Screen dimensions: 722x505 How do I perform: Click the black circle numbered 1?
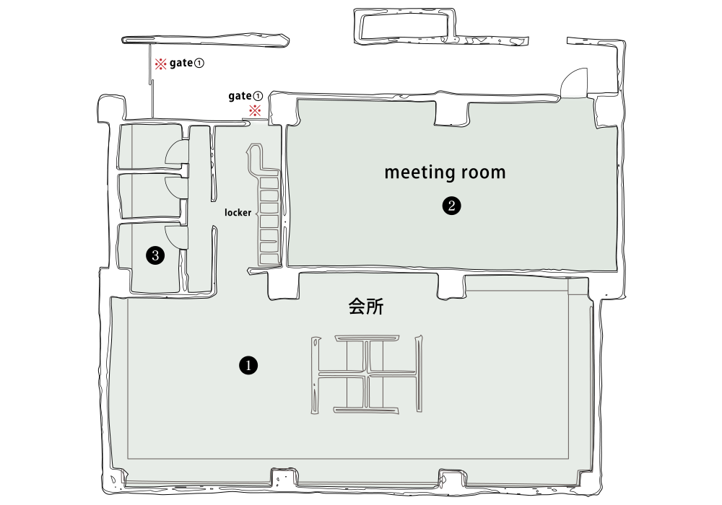248,366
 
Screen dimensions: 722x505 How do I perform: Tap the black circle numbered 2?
451,206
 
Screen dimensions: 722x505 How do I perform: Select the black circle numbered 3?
155,255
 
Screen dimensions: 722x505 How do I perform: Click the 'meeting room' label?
445,172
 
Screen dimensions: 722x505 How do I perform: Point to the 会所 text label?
366,307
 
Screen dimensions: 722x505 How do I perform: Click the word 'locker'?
238,213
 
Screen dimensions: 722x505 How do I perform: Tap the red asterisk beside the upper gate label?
160,63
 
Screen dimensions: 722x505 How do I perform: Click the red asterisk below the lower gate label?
255,110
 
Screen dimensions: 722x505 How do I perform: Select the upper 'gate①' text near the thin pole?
186,63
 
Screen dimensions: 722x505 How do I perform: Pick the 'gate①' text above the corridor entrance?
245,96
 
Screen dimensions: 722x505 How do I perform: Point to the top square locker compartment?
269,183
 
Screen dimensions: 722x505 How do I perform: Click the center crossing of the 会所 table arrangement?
367,374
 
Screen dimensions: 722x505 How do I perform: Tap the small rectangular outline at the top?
404,26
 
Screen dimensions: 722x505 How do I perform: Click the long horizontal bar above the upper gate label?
205,40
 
